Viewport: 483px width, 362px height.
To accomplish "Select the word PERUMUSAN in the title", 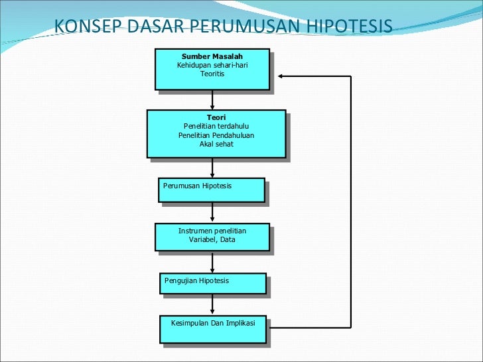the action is pyautogui.click(x=246, y=27).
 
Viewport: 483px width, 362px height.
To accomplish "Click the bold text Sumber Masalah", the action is pyautogui.click(x=212, y=56).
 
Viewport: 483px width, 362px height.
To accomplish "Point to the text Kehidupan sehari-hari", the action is pyautogui.click(x=212, y=65).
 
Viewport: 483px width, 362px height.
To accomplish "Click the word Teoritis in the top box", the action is pyautogui.click(x=212, y=74).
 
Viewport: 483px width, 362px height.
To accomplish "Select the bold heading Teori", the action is pyautogui.click(x=216, y=117).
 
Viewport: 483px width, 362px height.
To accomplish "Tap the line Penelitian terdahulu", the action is pyautogui.click(x=216, y=126).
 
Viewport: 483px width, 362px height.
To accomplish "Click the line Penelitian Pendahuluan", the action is pyautogui.click(x=216, y=135).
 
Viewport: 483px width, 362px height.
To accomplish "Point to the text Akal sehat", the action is pyautogui.click(x=216, y=144).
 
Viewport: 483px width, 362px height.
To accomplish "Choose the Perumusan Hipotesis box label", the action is pyautogui.click(x=198, y=186).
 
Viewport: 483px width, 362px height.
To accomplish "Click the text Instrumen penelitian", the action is pyautogui.click(x=212, y=231).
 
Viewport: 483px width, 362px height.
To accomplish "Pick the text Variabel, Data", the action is pyautogui.click(x=212, y=239).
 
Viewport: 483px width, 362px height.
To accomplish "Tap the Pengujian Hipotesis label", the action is pyautogui.click(x=196, y=280).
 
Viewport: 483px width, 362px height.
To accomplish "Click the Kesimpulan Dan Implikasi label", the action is pyautogui.click(x=213, y=323).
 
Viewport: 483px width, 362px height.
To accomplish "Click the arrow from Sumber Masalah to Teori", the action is pyautogui.click(x=212, y=99).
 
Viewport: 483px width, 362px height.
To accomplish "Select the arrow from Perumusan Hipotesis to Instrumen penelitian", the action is pyautogui.click(x=212, y=212).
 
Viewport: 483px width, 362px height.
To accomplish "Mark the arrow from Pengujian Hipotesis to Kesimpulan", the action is pyautogui.click(x=212, y=304).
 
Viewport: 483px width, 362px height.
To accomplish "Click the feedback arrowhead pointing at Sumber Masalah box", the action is pyautogui.click(x=281, y=76).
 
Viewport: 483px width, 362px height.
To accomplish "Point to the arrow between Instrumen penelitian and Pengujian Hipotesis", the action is pyautogui.click(x=212, y=262).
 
